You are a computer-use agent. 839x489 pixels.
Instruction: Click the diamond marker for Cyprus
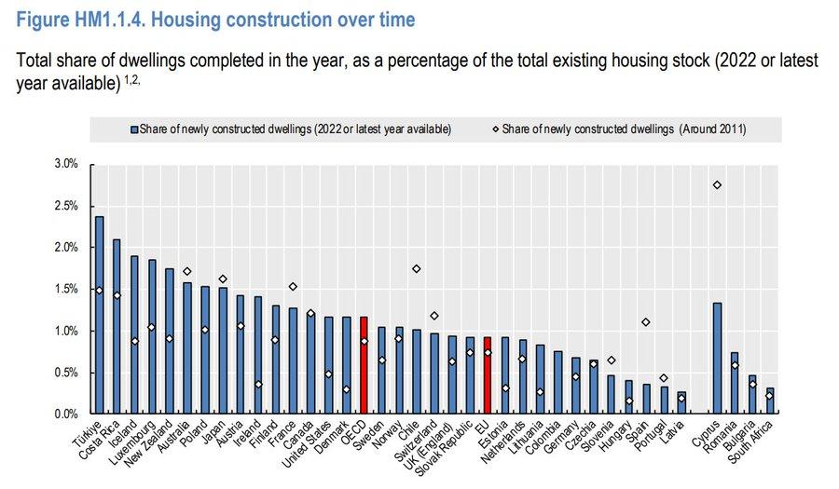pyautogui.click(x=717, y=185)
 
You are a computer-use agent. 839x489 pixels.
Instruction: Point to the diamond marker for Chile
pyautogui.click(x=416, y=268)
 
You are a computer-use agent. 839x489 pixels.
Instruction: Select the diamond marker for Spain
pyautogui.click(x=645, y=322)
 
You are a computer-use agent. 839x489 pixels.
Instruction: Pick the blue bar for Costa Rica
pyautogui.click(x=117, y=326)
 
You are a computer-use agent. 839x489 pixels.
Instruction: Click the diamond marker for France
pyautogui.click(x=293, y=287)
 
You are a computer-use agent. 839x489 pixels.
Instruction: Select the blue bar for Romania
pyautogui.click(x=735, y=383)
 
